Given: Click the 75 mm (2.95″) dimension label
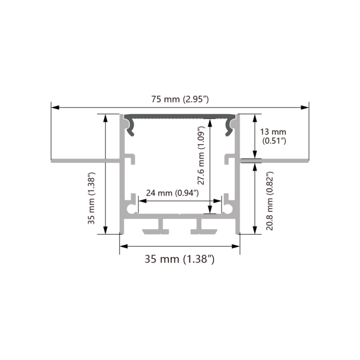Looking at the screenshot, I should tap(180, 100).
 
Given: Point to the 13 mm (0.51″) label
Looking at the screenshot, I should tap(273, 136).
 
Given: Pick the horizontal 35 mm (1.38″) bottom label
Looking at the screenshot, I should tap(179, 259).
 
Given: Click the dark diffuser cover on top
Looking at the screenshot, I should tap(180, 117).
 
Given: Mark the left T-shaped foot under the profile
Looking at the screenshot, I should tap(158, 228).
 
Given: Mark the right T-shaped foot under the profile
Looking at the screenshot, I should tap(202, 228).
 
